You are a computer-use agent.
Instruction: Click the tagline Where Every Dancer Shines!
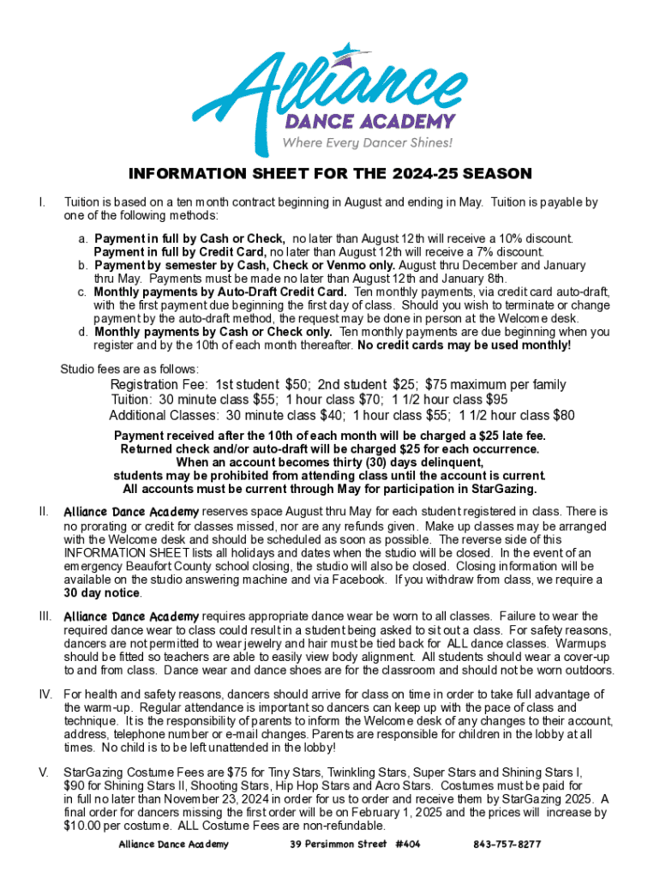click(367, 142)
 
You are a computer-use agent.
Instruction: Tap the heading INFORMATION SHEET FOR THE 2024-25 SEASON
click(330, 174)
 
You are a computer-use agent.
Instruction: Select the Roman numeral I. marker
click(40, 202)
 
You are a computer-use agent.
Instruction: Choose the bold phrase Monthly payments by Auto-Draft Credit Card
click(220, 292)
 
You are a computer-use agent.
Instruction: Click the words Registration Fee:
click(160, 385)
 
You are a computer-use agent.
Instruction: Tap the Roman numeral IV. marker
click(45, 694)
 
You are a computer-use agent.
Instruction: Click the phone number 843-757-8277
click(507, 845)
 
